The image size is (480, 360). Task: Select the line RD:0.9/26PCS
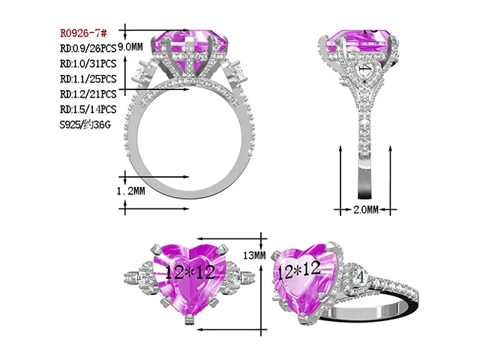tap(88, 49)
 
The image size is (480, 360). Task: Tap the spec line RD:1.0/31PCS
tap(88, 64)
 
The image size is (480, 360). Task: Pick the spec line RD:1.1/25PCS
tap(88, 79)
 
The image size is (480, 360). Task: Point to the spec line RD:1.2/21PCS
tap(88, 94)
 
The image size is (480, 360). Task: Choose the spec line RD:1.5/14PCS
tap(88, 109)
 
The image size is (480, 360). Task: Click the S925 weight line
tap(85, 124)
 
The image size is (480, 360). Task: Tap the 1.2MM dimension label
tap(130, 192)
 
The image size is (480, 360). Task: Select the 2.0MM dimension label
tap(366, 210)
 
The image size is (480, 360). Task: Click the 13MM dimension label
tap(255, 256)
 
